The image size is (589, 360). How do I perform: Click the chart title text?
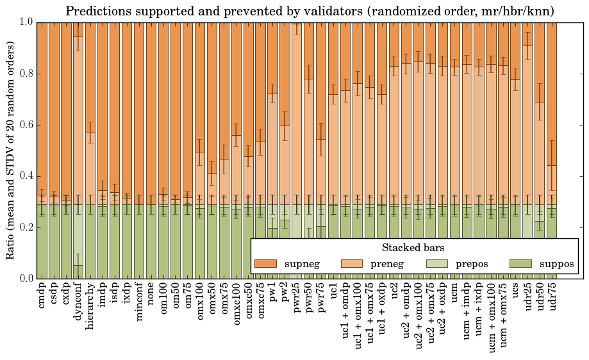(x=310, y=11)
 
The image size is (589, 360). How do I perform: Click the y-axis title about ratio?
(x=11, y=150)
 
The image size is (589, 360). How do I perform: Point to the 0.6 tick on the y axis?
(x=25, y=125)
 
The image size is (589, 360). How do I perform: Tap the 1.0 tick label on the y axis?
(x=25, y=22)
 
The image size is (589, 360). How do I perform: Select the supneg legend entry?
(x=286, y=263)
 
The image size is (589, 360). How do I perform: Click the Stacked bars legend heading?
(x=413, y=247)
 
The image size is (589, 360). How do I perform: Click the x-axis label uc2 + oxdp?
(x=442, y=311)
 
